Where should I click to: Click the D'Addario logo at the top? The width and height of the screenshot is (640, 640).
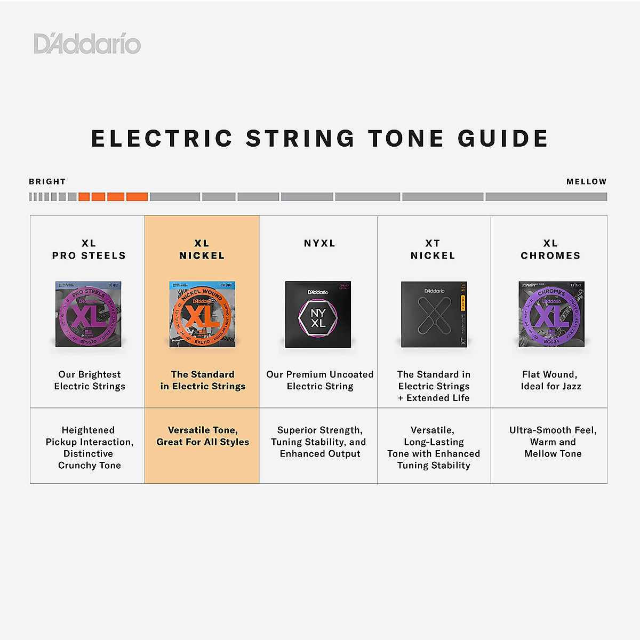click(87, 44)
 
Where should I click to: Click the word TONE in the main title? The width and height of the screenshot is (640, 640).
click(406, 139)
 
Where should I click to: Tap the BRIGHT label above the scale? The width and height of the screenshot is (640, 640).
click(47, 181)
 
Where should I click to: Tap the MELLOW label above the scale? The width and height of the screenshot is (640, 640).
click(586, 181)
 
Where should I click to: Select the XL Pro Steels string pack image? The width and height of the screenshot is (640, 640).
click(89, 314)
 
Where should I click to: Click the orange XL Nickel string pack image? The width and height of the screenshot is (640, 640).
click(202, 314)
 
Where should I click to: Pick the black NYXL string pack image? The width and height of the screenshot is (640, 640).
click(318, 314)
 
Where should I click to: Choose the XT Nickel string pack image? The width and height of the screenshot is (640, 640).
click(434, 314)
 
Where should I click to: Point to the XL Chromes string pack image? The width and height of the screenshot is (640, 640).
click(551, 314)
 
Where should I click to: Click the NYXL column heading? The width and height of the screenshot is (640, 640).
click(319, 243)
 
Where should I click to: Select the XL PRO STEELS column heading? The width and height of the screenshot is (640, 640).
click(89, 250)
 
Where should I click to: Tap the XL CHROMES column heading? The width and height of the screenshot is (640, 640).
click(550, 250)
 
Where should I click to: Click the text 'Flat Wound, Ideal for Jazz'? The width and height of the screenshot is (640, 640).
click(551, 380)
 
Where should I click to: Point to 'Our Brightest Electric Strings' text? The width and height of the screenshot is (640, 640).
click(90, 380)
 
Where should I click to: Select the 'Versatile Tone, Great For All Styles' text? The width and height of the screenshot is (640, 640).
click(203, 436)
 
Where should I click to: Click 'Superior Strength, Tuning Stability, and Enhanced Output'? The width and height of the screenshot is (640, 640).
click(319, 442)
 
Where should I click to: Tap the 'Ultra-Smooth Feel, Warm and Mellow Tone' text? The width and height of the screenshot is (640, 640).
click(553, 442)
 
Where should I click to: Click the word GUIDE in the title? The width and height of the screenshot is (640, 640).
click(503, 139)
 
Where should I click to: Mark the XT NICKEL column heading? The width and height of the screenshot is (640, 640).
click(433, 250)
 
